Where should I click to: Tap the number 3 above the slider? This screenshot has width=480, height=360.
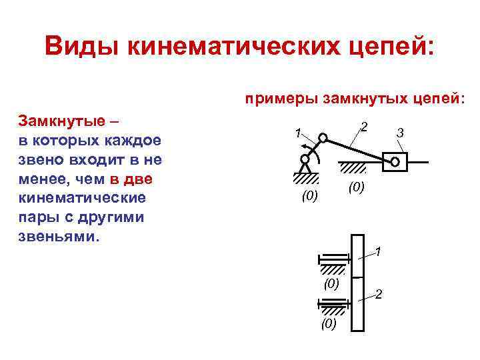tap(399, 134)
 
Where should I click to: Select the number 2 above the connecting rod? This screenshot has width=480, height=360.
tap(363, 127)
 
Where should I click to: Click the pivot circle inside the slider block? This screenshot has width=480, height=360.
tap(395, 161)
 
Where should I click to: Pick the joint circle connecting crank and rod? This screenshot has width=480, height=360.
tap(322, 138)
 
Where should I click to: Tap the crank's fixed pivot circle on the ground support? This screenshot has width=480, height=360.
tap(305, 159)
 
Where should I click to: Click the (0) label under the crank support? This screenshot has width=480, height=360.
tap(310, 196)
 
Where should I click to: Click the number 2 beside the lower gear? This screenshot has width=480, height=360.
tap(379, 294)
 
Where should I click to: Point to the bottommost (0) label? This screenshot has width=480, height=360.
tap(329, 324)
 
